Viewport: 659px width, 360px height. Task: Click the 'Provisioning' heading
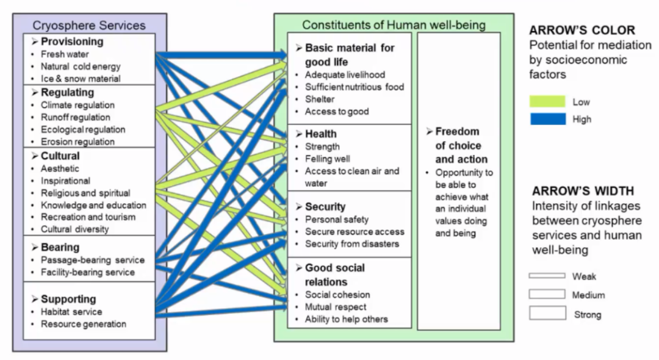point(71,41)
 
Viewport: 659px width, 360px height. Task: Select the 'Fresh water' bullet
point(64,54)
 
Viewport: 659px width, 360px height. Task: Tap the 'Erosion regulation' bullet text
point(77,142)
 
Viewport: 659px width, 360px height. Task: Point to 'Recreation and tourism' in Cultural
point(88,217)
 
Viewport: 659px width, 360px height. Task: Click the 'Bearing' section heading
point(60,247)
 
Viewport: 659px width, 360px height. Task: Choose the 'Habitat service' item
point(71,312)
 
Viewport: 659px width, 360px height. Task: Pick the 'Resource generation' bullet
point(83,324)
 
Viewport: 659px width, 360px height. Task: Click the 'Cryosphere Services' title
point(89,25)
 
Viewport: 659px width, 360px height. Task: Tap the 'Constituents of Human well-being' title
point(394,25)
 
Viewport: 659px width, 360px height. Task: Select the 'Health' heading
point(320,134)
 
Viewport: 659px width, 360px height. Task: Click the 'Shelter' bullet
point(319,99)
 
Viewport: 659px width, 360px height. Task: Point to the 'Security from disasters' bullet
point(351,243)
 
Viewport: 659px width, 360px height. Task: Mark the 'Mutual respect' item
point(336,307)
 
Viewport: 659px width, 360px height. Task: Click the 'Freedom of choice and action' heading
point(457,145)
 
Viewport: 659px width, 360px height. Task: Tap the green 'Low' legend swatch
point(547,102)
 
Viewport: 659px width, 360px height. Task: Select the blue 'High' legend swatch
point(547,119)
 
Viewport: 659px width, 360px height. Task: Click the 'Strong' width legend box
point(547,313)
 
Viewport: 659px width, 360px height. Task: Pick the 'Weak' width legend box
point(547,276)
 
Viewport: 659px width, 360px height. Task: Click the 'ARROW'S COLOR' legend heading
point(582,31)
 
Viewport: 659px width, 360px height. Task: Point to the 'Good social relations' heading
point(334,275)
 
